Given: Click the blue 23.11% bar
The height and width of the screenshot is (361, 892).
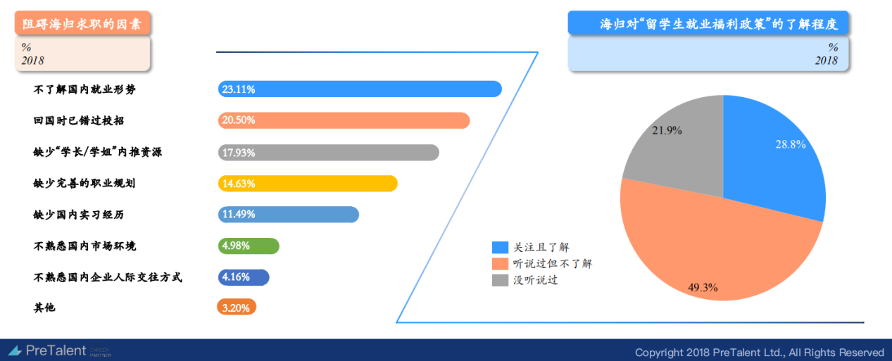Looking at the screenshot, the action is click(x=360, y=89).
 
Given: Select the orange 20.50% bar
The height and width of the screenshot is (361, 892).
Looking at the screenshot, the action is click(x=344, y=120).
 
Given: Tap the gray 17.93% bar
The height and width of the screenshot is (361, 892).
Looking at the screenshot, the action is click(x=329, y=153).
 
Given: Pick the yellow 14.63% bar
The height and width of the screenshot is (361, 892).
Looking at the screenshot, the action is click(x=308, y=184).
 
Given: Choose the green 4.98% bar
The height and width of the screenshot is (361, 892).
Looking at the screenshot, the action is click(x=249, y=246).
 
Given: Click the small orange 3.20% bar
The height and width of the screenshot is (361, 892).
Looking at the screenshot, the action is click(x=237, y=307).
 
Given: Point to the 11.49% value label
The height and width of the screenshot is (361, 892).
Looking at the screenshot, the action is click(x=239, y=214).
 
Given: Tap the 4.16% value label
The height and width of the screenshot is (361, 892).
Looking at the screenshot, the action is click(x=236, y=277).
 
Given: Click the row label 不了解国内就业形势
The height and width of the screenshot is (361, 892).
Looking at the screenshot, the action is click(x=84, y=89).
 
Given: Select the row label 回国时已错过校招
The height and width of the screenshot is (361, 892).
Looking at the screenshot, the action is click(x=79, y=120).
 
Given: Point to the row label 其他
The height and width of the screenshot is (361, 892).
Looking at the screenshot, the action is click(x=44, y=308).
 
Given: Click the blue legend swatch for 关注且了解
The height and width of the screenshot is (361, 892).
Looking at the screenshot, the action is click(x=500, y=247).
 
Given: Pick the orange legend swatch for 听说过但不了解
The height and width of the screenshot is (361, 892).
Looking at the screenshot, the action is click(x=500, y=264).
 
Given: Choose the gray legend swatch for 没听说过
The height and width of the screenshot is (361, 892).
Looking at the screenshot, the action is click(x=500, y=280).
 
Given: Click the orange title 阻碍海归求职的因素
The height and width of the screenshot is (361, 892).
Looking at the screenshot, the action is click(x=82, y=24).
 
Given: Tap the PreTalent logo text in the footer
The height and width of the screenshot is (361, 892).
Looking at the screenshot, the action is click(x=56, y=350).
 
